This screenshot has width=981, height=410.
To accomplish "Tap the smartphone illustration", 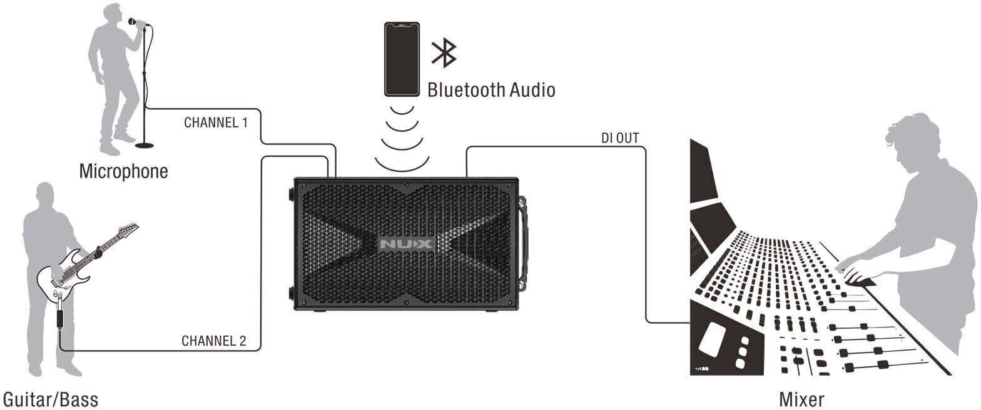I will pyautogui.click(x=402, y=59).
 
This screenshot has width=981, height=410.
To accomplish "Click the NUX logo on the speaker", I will pyautogui.click(x=405, y=244).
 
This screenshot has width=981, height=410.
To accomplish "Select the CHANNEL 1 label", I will pyautogui.click(x=215, y=122).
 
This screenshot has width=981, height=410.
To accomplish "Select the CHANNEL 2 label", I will pyautogui.click(x=213, y=341).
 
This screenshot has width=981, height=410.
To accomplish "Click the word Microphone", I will pyautogui.click(x=123, y=171).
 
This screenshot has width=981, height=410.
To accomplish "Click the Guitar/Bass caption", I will pyautogui.click(x=51, y=399).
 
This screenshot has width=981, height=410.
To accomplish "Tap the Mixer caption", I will pyautogui.click(x=801, y=399).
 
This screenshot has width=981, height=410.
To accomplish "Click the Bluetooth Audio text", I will pyautogui.click(x=491, y=90).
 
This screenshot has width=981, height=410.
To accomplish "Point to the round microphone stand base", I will pyautogui.click(x=145, y=145).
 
